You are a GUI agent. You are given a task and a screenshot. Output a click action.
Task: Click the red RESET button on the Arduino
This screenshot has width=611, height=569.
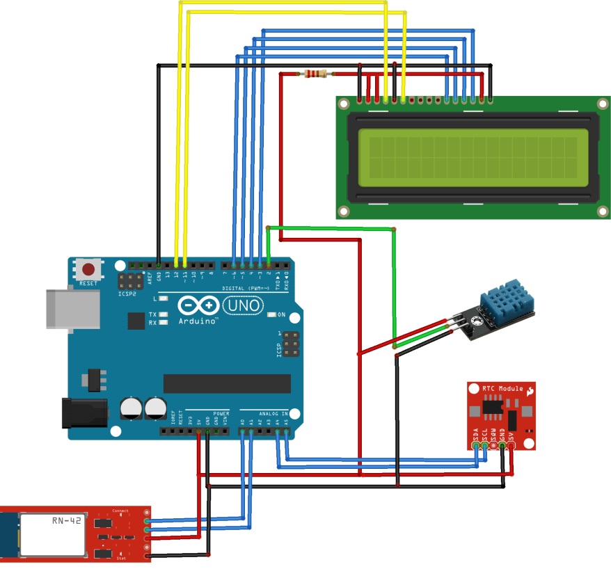pos(88,269)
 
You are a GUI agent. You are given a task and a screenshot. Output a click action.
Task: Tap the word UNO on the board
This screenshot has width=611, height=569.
pos(244,305)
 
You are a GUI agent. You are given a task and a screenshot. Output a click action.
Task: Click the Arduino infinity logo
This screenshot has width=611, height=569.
pos(198,306)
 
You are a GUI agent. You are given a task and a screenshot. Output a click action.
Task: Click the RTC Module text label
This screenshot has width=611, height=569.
pos(502,387)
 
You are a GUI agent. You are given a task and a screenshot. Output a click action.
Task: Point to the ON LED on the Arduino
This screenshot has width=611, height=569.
pos(271,315)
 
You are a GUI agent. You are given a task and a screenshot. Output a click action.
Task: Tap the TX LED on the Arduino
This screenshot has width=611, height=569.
pos(164,314)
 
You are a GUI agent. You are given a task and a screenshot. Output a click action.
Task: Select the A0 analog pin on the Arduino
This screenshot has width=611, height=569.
pos(242,431)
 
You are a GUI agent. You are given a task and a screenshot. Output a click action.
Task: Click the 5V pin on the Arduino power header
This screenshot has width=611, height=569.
pos(199,431)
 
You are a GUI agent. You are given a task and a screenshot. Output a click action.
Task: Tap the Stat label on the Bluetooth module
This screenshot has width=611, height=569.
pos(122,558)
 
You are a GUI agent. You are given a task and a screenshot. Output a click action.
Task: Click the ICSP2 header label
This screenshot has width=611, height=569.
pos(127,294)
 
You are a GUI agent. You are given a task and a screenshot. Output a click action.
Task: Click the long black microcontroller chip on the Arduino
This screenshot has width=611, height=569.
pos(227,383)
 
